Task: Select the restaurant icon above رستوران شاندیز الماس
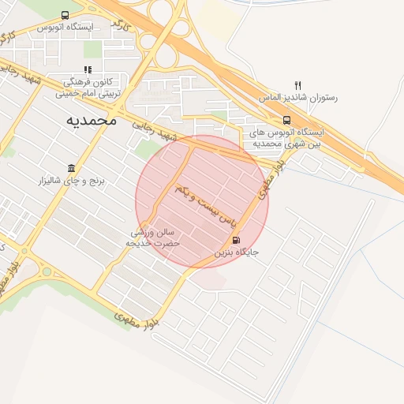[x=297, y=85]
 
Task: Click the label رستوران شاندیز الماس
[x=298, y=99]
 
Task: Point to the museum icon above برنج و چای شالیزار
[x=72, y=169]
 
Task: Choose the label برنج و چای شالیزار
[x=72, y=182]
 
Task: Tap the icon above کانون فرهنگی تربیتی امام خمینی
[x=88, y=69]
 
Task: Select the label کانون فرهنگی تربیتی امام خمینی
[x=88, y=87]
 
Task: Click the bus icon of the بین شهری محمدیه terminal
[x=286, y=121]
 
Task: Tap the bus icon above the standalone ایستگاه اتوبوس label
[x=65, y=14]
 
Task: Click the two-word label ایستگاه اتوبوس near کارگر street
[x=65, y=27]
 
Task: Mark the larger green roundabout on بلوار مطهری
[x=47, y=271]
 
